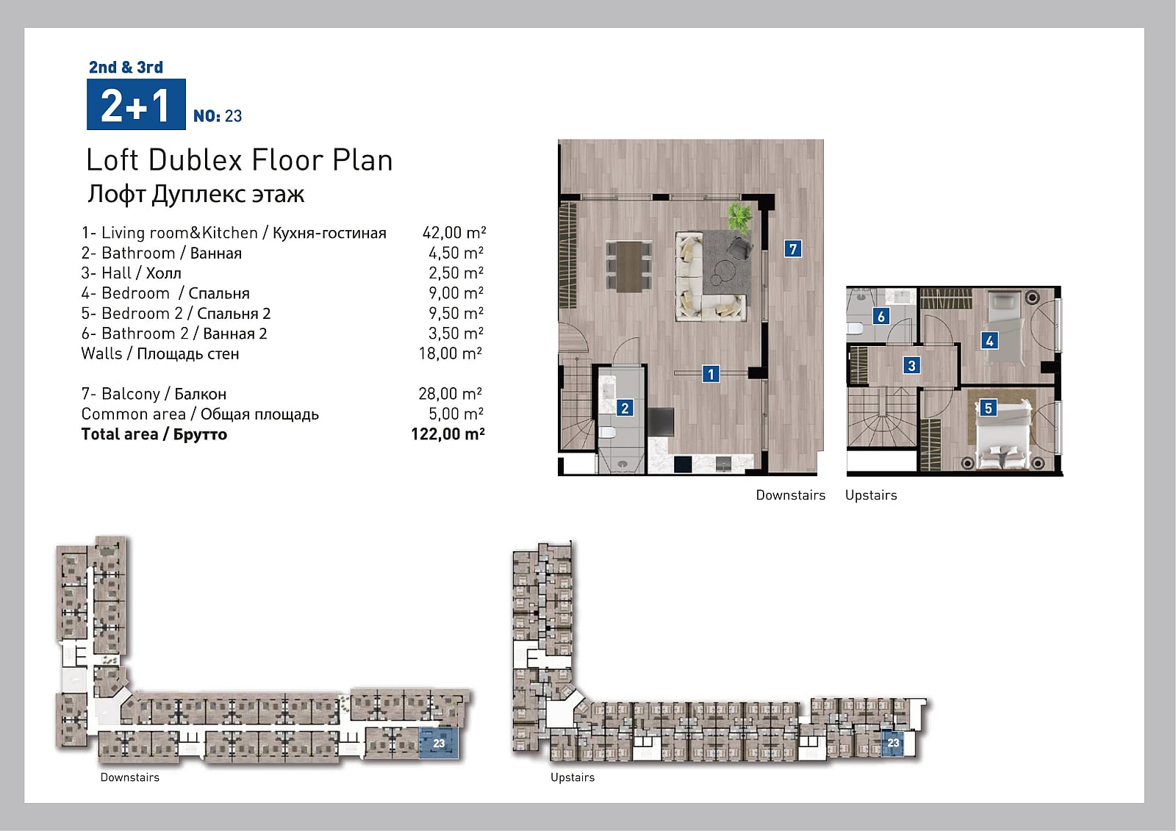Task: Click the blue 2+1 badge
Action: pos(136,104)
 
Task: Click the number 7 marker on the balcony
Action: pos(793,248)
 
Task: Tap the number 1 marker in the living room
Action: pos(711,374)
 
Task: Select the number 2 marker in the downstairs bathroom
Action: pos(625,408)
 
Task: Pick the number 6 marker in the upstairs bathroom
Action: pos(881,316)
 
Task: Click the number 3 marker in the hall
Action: pos(911,365)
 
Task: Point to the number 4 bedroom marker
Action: pos(989,341)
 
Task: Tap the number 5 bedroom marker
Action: pos(988,408)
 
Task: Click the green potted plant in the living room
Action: pos(739,217)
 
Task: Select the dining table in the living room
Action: pos(629,266)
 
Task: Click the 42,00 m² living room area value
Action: pos(454,233)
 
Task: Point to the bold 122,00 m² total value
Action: pos(448,434)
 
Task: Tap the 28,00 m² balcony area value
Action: pos(450,393)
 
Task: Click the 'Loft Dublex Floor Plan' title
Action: pos(240,160)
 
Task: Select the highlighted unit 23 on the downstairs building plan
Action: pos(439,743)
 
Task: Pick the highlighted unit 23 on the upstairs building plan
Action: pos(893,743)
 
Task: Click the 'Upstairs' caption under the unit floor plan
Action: pos(871,495)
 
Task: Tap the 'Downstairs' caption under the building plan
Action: pos(129,777)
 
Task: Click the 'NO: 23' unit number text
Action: pos(218,116)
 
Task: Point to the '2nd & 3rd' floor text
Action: pos(126,67)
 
